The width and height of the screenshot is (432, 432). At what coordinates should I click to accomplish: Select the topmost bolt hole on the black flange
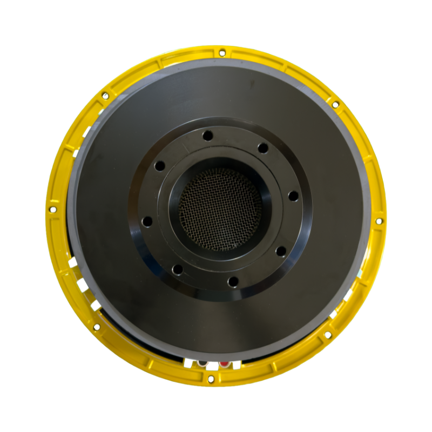[x=206, y=135]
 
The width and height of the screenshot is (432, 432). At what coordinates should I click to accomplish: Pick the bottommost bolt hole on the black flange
[x=233, y=281]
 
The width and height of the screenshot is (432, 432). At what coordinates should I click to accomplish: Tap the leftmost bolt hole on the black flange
[x=146, y=220]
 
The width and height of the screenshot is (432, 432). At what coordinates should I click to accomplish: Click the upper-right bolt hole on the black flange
[x=262, y=147]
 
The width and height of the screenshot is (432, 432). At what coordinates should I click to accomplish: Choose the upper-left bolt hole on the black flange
[x=159, y=166]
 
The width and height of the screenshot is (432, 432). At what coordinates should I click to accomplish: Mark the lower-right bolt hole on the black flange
[x=280, y=251]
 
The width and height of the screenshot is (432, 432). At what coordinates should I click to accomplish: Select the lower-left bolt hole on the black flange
[x=177, y=268]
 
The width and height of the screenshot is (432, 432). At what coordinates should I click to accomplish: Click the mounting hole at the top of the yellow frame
[x=221, y=52]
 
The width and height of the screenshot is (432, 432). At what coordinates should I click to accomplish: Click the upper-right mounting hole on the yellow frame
[x=335, y=104]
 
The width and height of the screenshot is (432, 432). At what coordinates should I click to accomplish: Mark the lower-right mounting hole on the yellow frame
[x=327, y=335]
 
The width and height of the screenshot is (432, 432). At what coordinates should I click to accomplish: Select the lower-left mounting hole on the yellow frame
[x=97, y=327]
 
